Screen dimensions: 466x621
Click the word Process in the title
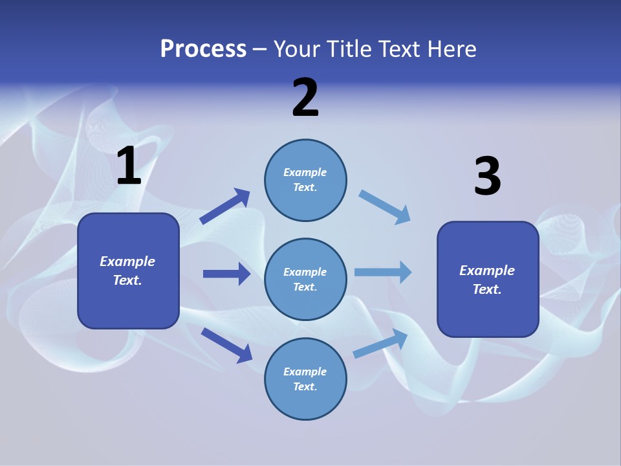tap(203, 49)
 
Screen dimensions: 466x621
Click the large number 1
tap(129, 166)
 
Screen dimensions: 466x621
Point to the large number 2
tap(305, 98)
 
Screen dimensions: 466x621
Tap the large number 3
tap(487, 177)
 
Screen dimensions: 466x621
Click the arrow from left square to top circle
tap(224, 206)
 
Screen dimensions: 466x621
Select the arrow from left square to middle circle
tap(226, 274)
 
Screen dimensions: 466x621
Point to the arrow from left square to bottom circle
tap(226, 345)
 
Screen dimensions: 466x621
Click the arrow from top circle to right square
tap(385, 207)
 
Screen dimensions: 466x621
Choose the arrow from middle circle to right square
tap(383, 272)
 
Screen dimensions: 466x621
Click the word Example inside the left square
tap(127, 261)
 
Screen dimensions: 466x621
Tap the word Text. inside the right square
tap(487, 289)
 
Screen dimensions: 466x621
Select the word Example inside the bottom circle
tap(305, 372)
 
